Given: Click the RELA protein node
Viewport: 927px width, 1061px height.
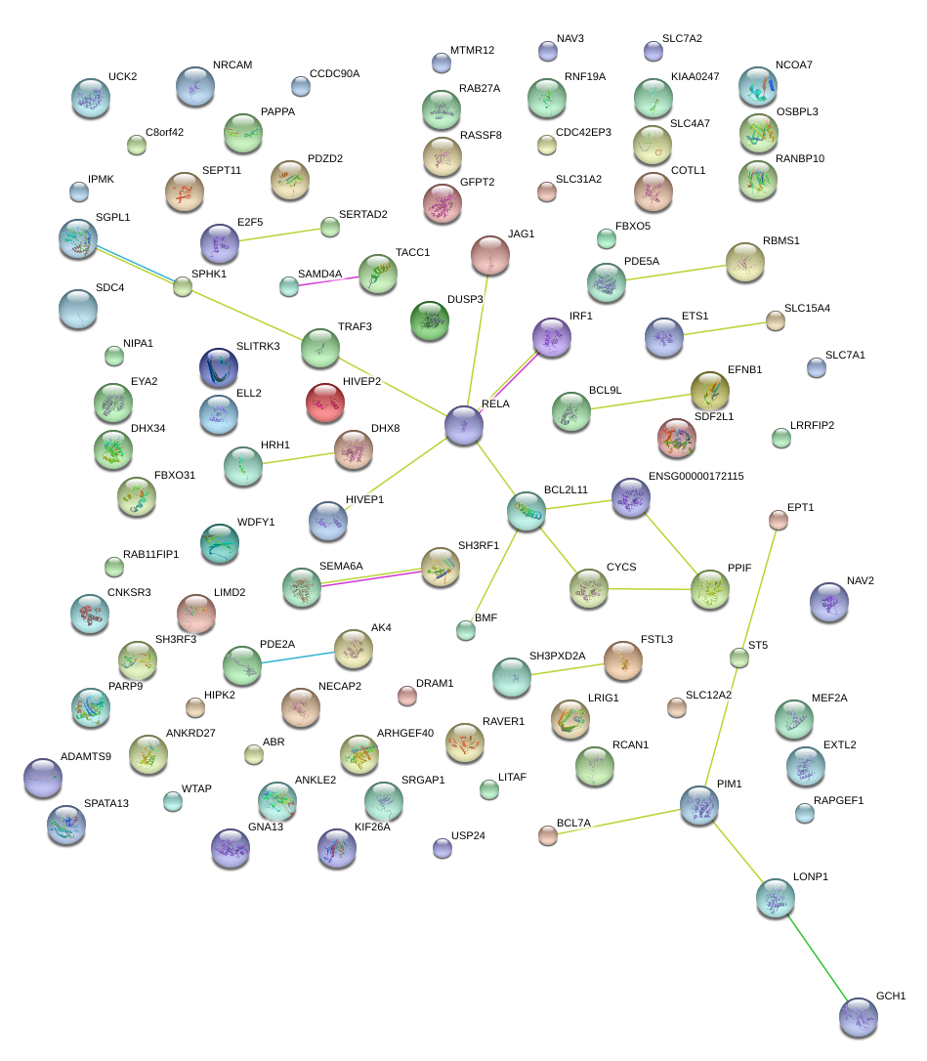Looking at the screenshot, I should (x=464, y=425).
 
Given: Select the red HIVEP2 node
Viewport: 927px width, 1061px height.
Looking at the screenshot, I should (x=325, y=402).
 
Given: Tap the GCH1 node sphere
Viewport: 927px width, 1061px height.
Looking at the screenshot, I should (x=859, y=1017).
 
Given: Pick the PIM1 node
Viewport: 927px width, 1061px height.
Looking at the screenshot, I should (x=699, y=806).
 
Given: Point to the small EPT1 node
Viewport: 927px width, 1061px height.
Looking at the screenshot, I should (x=779, y=521).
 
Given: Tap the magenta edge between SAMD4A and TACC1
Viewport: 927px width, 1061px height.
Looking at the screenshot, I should (x=328, y=281).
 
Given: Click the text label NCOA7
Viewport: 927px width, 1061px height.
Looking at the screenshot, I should (x=793, y=65).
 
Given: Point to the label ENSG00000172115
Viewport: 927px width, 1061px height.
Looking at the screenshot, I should (x=695, y=477).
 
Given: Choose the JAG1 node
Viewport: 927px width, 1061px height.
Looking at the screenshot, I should (x=490, y=256).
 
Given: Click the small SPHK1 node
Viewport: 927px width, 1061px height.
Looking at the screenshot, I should (x=183, y=286).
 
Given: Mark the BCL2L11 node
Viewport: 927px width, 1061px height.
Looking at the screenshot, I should (x=527, y=511).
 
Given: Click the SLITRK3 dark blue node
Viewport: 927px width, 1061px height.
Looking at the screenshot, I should (x=218, y=367).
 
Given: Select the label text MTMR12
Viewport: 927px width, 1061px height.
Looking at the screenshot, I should (x=473, y=50).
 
